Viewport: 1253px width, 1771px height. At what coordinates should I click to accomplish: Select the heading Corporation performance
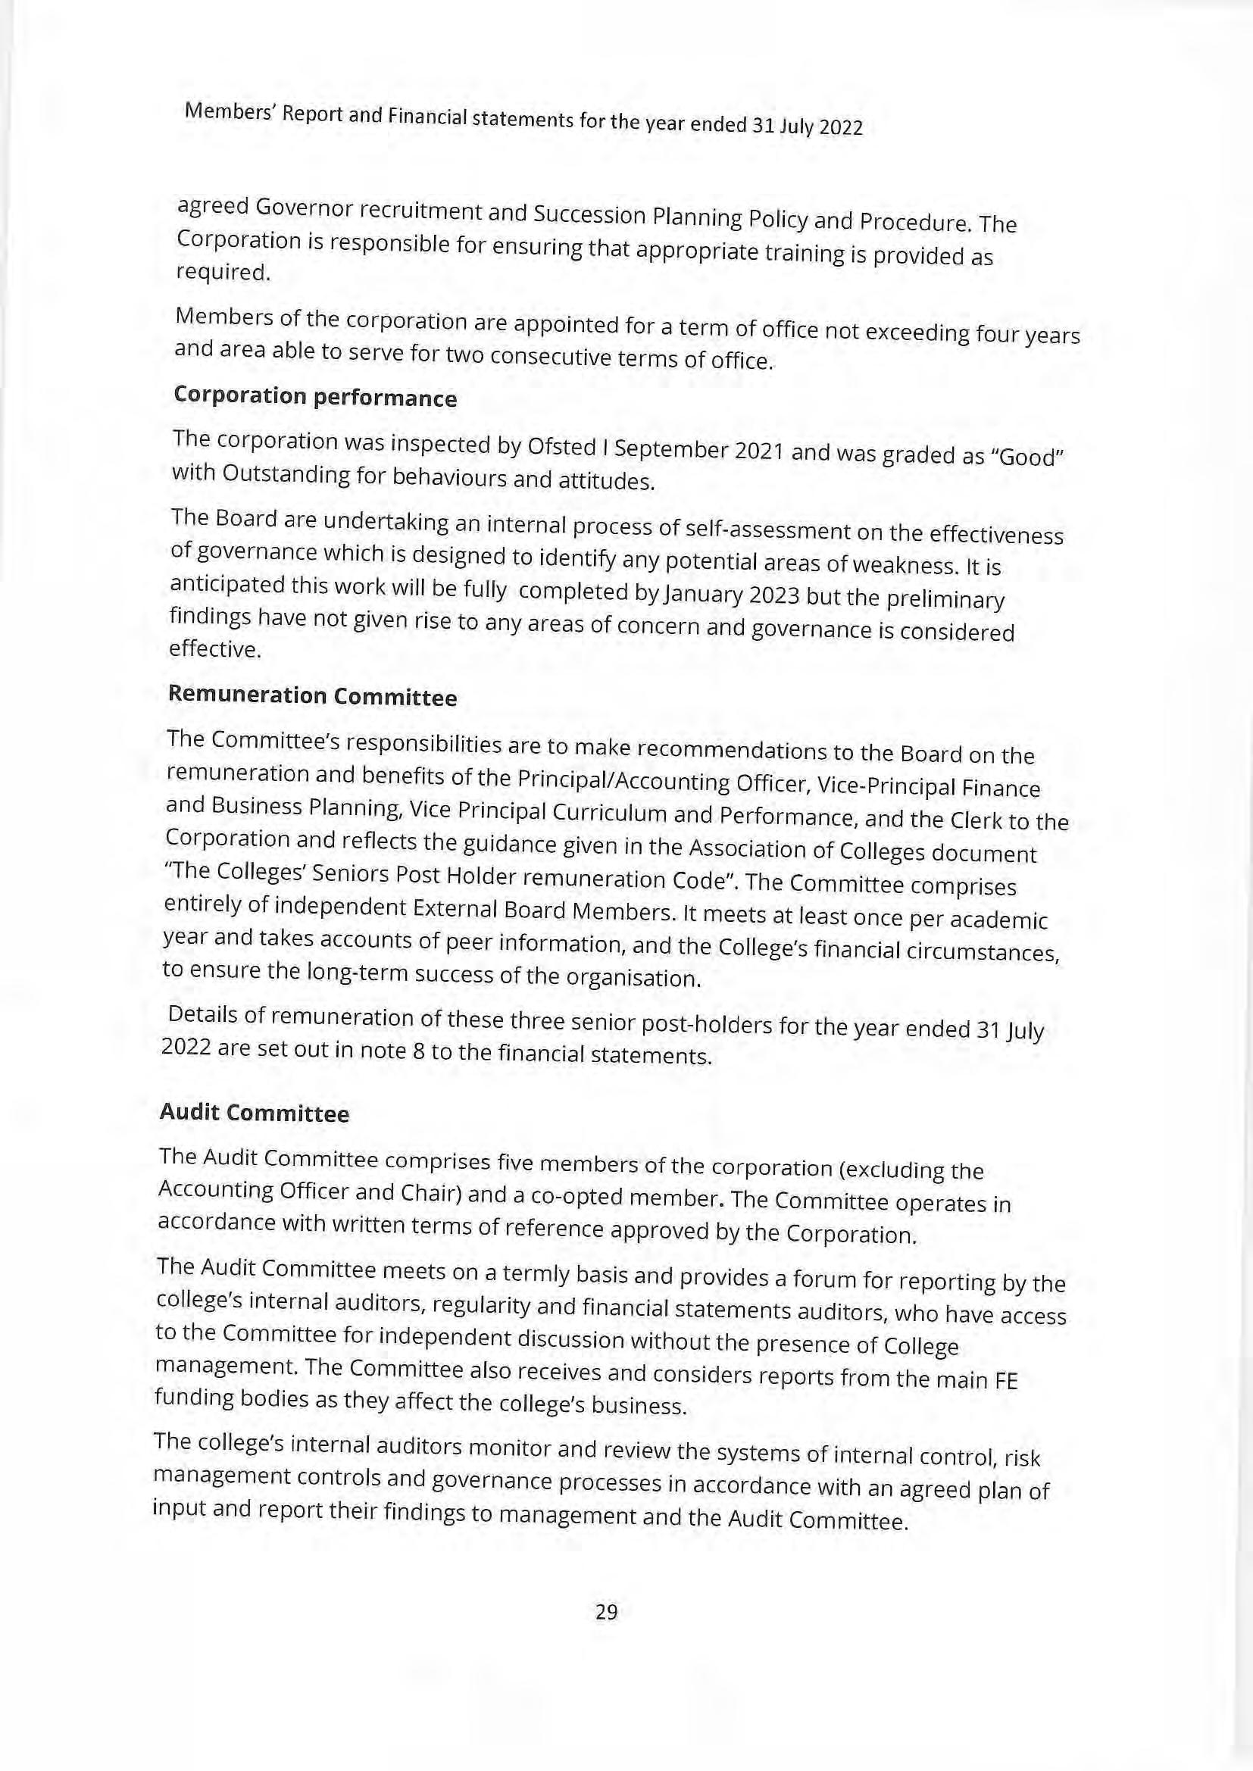pos(315,396)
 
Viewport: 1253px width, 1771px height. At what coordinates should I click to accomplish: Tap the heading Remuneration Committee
pos(311,695)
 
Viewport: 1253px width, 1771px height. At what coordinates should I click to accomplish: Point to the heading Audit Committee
pos(254,1113)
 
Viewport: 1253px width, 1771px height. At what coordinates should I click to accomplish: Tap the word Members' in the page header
pos(228,113)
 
